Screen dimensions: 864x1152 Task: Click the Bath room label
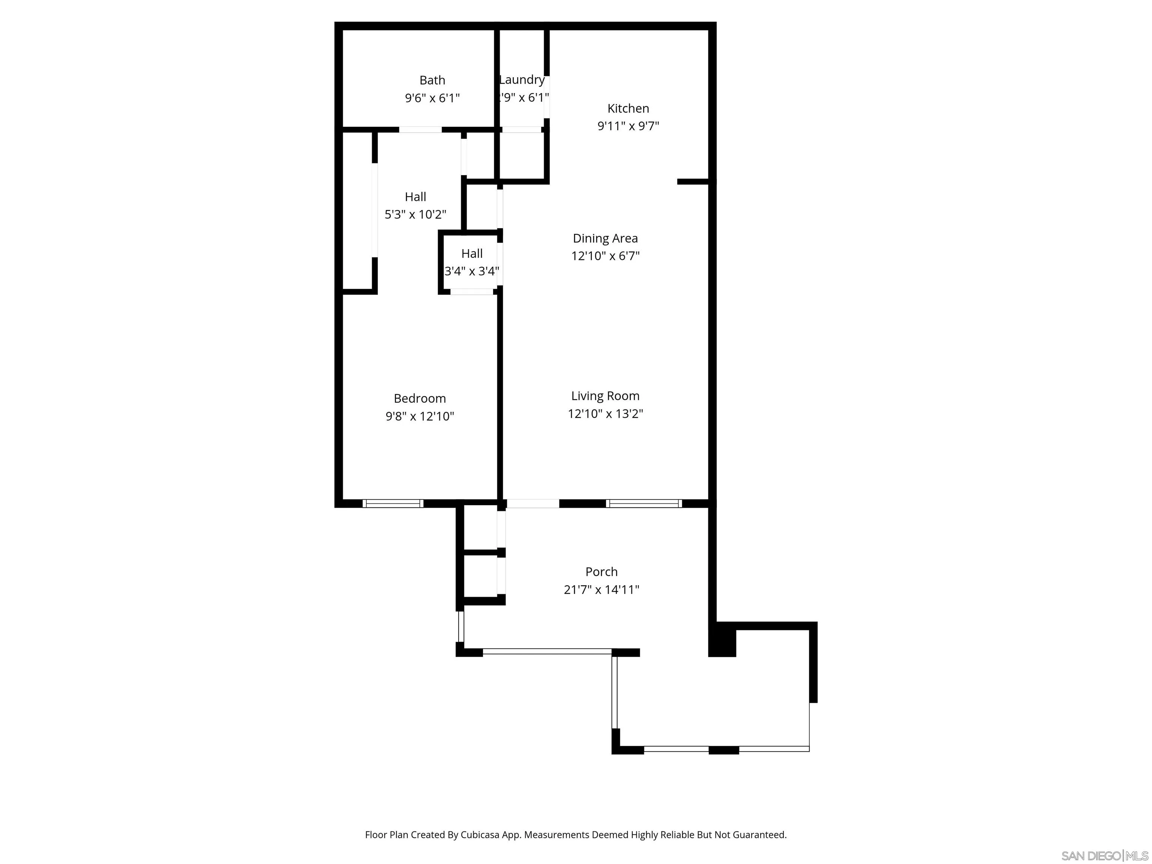432,80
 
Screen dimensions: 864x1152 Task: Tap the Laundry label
522,79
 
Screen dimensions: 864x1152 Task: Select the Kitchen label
628,108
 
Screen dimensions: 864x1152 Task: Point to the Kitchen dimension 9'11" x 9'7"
628,126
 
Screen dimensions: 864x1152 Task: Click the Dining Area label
605,238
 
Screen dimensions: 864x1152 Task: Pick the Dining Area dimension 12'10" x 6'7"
605,256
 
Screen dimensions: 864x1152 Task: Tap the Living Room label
605,396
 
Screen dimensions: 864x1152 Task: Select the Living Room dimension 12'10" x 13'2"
605,414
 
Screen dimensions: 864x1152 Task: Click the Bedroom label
420,398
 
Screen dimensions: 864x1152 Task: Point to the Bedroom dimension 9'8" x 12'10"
420,416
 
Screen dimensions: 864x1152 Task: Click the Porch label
601,571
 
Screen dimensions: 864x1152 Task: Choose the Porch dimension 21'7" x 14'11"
601,589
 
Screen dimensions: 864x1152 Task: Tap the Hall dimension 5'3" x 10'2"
415,214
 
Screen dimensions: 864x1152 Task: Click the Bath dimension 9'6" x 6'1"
432,98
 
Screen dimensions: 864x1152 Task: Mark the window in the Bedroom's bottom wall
393,504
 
